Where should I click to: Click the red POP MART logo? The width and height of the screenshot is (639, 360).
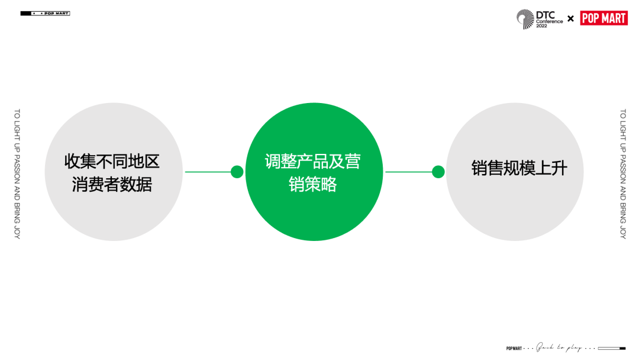tap(603, 18)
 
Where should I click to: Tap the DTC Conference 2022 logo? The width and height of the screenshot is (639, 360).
tap(540, 18)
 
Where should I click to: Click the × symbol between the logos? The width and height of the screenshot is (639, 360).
tap(570, 18)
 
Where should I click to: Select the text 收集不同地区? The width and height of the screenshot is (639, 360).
tap(112, 161)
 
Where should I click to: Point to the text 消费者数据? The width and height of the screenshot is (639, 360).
tap(112, 184)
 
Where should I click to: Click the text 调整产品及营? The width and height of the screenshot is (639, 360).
tap(313, 161)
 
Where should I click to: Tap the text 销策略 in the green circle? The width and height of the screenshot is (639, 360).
tap(313, 185)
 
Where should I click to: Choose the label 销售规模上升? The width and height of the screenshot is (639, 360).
tap(519, 168)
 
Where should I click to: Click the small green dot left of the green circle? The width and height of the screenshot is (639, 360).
tap(237, 172)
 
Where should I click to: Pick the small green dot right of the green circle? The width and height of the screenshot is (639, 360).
tap(438, 172)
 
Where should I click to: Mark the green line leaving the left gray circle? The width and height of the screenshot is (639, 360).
tap(207, 172)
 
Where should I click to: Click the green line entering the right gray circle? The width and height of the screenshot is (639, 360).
tap(408, 172)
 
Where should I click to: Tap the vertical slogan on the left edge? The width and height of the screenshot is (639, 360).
tap(17, 173)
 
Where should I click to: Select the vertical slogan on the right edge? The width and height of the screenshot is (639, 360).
tap(622, 173)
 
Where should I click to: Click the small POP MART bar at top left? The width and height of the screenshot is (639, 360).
tap(45, 13)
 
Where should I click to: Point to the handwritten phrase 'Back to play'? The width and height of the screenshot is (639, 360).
tap(559, 348)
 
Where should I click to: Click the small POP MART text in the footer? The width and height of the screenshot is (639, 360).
tap(514, 348)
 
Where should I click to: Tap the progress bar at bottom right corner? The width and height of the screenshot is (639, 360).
tap(612, 348)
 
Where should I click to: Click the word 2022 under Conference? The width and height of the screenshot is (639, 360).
tap(542, 26)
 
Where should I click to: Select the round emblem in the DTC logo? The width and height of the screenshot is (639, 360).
tap(525, 18)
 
